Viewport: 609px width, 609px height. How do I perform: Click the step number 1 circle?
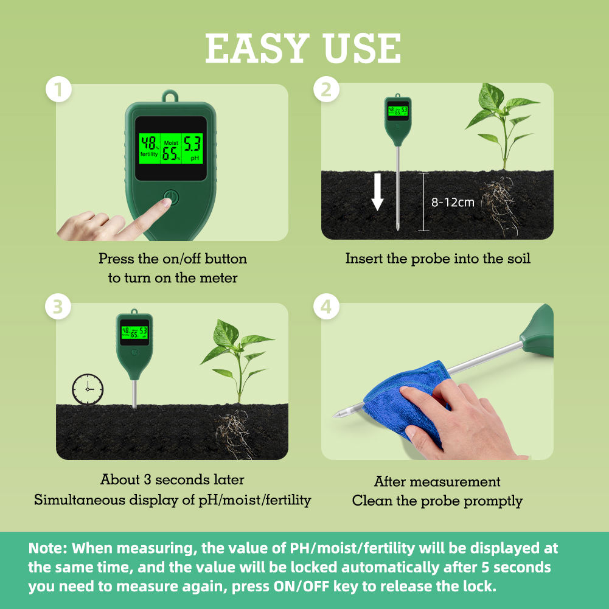(x=58, y=89)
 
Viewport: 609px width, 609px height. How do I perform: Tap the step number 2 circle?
(x=326, y=89)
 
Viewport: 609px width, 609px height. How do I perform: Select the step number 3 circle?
(x=58, y=307)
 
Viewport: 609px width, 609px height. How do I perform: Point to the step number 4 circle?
(x=326, y=307)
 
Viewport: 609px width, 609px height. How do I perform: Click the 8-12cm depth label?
(x=453, y=202)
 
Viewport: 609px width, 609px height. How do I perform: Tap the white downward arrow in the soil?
(x=377, y=192)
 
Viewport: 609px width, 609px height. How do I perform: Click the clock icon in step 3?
(x=88, y=389)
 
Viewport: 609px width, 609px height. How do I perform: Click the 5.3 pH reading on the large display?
(x=192, y=144)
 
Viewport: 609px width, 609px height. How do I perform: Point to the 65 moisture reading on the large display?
(x=170, y=154)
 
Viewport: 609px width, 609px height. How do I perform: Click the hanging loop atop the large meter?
(x=170, y=96)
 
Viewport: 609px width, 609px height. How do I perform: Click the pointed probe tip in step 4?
(x=334, y=416)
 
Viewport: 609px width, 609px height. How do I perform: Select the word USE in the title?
(x=361, y=48)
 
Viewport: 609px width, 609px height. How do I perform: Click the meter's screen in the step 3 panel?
(x=134, y=332)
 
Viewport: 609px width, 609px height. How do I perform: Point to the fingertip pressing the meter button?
(x=167, y=203)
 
